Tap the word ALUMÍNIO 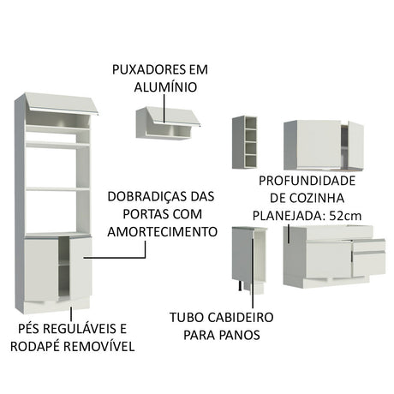click(163, 87)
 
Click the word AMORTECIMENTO click(161, 231)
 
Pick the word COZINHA click(333, 199)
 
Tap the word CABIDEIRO click(224, 318)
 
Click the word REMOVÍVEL click(99, 347)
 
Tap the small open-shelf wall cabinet click(244, 141)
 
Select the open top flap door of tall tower click(60, 106)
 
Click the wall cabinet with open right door click(323, 145)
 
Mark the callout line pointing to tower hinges click(116, 255)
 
